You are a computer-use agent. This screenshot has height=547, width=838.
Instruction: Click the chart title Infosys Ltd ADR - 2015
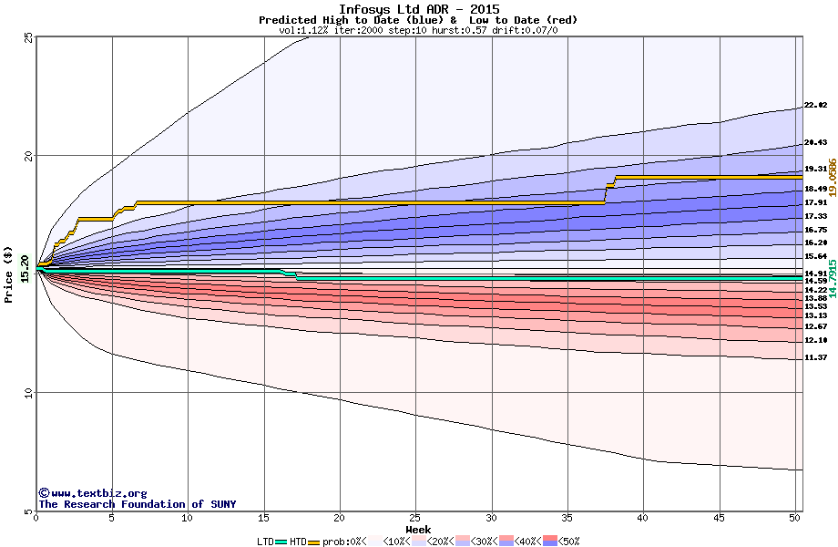point(418,9)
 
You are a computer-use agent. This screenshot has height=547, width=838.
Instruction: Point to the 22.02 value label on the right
point(815,106)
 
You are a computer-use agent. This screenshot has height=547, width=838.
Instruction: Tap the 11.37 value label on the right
point(815,358)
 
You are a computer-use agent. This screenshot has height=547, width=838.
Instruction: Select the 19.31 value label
point(815,170)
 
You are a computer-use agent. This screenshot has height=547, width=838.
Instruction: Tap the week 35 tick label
point(567,519)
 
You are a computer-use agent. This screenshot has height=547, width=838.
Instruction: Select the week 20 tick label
point(339,519)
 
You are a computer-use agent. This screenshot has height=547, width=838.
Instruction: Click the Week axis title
point(418,530)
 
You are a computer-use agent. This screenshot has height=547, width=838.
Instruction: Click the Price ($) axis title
point(9,273)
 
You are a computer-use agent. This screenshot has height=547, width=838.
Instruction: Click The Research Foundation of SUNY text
point(138,504)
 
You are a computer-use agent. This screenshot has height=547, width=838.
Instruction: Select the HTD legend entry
point(298,542)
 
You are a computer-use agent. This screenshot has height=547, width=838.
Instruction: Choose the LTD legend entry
point(265,542)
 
